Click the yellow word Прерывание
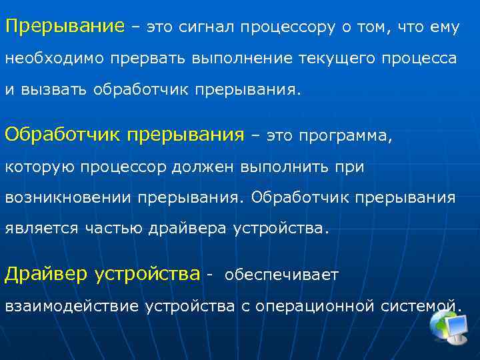(x=65, y=27)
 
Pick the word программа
(x=346, y=136)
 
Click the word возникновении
(x=69, y=198)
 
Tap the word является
(x=41, y=229)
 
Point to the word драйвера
(x=190, y=229)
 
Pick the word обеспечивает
(x=282, y=275)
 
